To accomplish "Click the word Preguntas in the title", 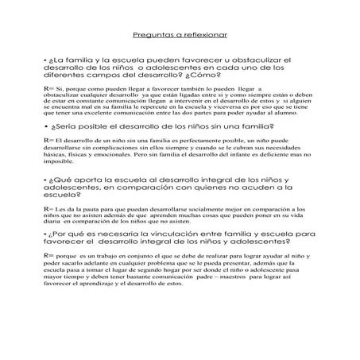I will tap(149, 36).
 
